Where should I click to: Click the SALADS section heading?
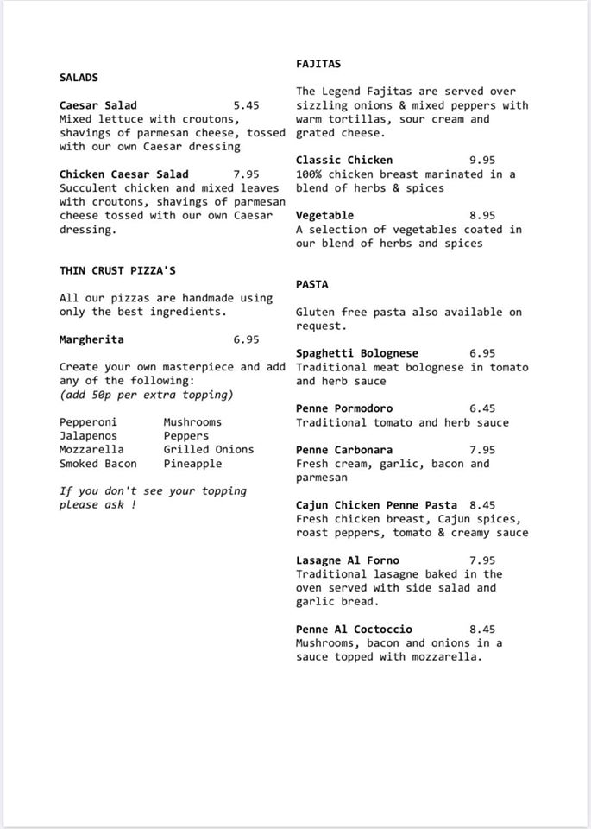pyautogui.click(x=79, y=78)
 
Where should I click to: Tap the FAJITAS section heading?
pyautogui.click(x=318, y=64)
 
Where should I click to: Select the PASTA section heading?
pyautogui.click(x=311, y=284)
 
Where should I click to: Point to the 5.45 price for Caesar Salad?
pyautogui.click(x=246, y=105)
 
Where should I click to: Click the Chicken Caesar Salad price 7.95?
pyautogui.click(x=246, y=174)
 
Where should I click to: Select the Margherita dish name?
pyautogui.click(x=91, y=339)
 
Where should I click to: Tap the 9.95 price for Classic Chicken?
pyautogui.click(x=482, y=161)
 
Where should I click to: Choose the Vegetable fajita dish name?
pyautogui.click(x=324, y=216)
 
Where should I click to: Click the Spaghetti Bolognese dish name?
pyautogui.click(x=357, y=353)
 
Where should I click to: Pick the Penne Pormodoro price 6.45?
pyautogui.click(x=482, y=408)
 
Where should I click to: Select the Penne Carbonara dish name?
pyautogui.click(x=344, y=450)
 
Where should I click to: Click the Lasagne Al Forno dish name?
pyautogui.click(x=348, y=560)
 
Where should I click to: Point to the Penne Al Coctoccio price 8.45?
pyautogui.click(x=482, y=630)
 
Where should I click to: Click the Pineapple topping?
pyautogui.click(x=192, y=464)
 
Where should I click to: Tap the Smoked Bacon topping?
pyautogui.click(x=98, y=464)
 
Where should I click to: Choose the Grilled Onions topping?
pyautogui.click(x=209, y=450)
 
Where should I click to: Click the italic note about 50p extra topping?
pyautogui.click(x=147, y=395)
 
